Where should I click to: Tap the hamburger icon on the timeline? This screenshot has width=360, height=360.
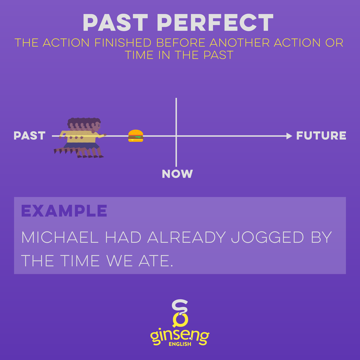pyautogui.click(x=136, y=136)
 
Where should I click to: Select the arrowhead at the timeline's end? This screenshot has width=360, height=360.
pyautogui.click(x=289, y=136)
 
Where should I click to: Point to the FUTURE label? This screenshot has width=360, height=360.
pyautogui.click(x=321, y=136)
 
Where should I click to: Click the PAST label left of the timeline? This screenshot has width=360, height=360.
pyautogui.click(x=30, y=136)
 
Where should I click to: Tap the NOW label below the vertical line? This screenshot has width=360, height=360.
pyautogui.click(x=177, y=174)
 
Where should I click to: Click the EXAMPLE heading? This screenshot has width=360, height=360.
pyautogui.click(x=64, y=211)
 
